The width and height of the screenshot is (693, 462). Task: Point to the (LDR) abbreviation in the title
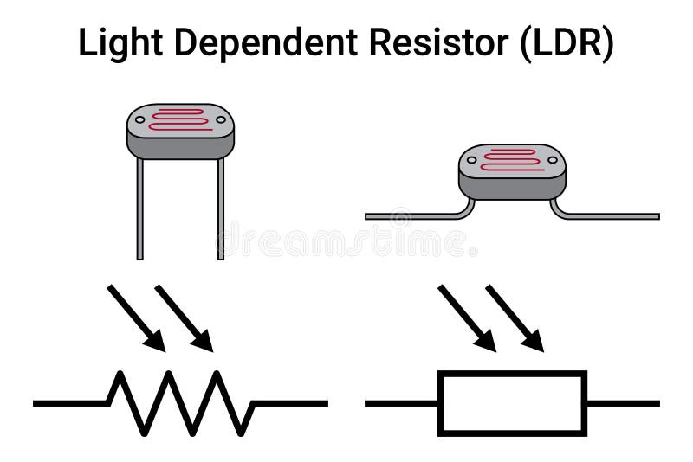[567, 43]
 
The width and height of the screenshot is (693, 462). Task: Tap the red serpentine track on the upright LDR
[180, 119]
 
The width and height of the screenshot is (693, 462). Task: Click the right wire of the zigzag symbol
[290, 403]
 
